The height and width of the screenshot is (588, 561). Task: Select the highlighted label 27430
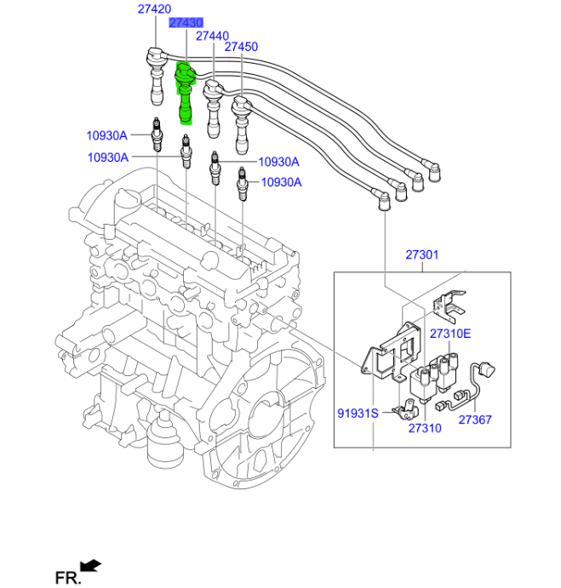coord(186,23)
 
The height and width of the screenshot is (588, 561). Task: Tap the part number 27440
coord(212,36)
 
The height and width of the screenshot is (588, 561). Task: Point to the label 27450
coord(241,48)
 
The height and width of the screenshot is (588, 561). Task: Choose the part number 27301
coord(421,254)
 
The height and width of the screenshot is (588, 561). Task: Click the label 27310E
coord(449,333)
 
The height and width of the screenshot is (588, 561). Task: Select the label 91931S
coord(356,414)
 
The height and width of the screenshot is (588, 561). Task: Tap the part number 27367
coord(475,420)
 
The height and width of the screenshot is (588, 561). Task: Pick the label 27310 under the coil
coord(424,428)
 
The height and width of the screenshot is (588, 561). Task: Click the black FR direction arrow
coord(89,565)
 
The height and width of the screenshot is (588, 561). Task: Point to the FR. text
coord(68,578)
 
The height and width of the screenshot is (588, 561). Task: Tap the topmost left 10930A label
coord(106,134)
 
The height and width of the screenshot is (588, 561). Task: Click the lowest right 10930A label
coord(282,181)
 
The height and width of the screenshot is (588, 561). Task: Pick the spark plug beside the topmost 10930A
coord(157,134)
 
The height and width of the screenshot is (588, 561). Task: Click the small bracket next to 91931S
coord(403,413)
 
